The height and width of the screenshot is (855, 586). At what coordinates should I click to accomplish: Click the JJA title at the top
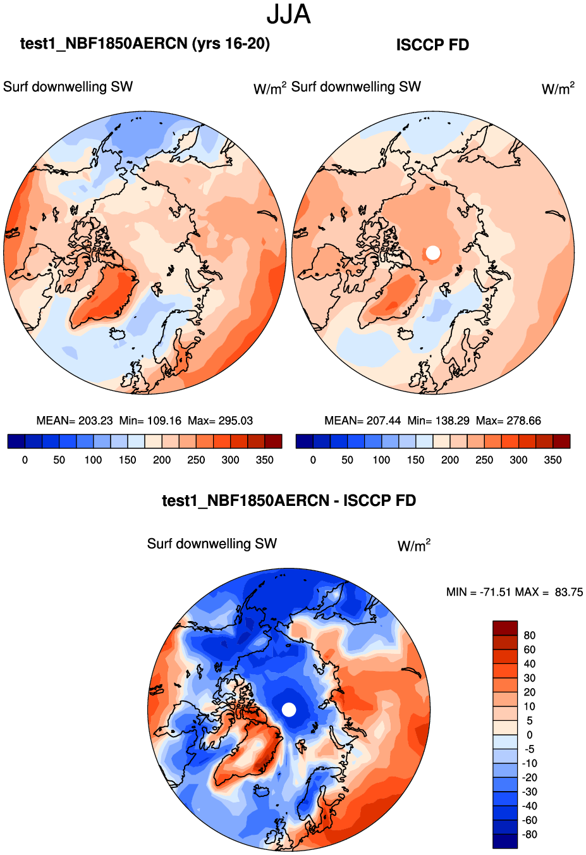(289, 15)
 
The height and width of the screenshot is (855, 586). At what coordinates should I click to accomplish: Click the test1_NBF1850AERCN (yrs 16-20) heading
(145, 44)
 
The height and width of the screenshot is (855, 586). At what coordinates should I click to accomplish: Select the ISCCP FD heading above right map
(432, 45)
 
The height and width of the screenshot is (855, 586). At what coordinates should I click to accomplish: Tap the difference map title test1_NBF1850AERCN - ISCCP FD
(289, 501)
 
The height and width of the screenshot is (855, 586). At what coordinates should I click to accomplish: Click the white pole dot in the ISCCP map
(432, 252)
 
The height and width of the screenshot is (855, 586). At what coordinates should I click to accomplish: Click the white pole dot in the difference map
(288, 710)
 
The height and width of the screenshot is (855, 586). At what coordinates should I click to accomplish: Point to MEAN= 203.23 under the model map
(75, 421)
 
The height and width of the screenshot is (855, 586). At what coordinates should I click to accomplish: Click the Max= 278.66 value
(508, 421)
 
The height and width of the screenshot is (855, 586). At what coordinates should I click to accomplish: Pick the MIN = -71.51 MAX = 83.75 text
(515, 593)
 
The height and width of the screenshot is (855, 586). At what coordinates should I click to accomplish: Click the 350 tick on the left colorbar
(264, 460)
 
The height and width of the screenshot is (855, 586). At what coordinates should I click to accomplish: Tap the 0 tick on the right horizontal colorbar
(313, 460)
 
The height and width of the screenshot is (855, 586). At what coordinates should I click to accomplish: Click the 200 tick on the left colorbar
(162, 460)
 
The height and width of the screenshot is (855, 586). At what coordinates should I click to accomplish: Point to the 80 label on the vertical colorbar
(530, 636)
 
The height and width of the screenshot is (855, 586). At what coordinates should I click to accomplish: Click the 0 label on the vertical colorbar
(530, 735)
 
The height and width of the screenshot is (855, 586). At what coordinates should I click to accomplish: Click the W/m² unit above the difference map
(414, 546)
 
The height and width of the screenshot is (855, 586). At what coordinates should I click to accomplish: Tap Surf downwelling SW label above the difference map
(212, 544)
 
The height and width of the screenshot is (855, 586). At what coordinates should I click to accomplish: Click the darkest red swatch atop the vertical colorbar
(505, 628)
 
